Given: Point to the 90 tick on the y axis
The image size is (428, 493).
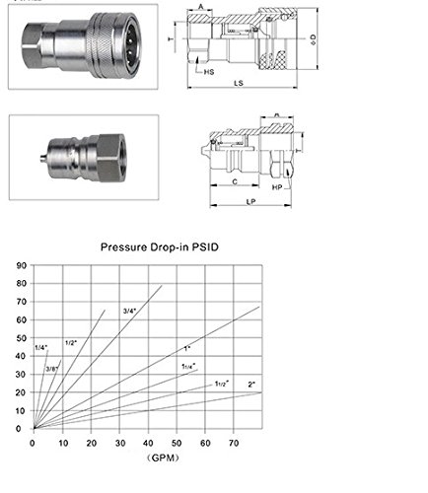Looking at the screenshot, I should point(22,266).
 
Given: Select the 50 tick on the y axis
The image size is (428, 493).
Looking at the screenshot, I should point(22,338).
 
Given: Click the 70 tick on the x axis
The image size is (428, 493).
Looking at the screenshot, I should point(234,441).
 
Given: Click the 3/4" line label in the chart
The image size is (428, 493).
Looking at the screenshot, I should point(129,312).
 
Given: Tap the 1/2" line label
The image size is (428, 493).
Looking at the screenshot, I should point(71,342).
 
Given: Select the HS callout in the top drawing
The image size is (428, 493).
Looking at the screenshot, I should point(210,72).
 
